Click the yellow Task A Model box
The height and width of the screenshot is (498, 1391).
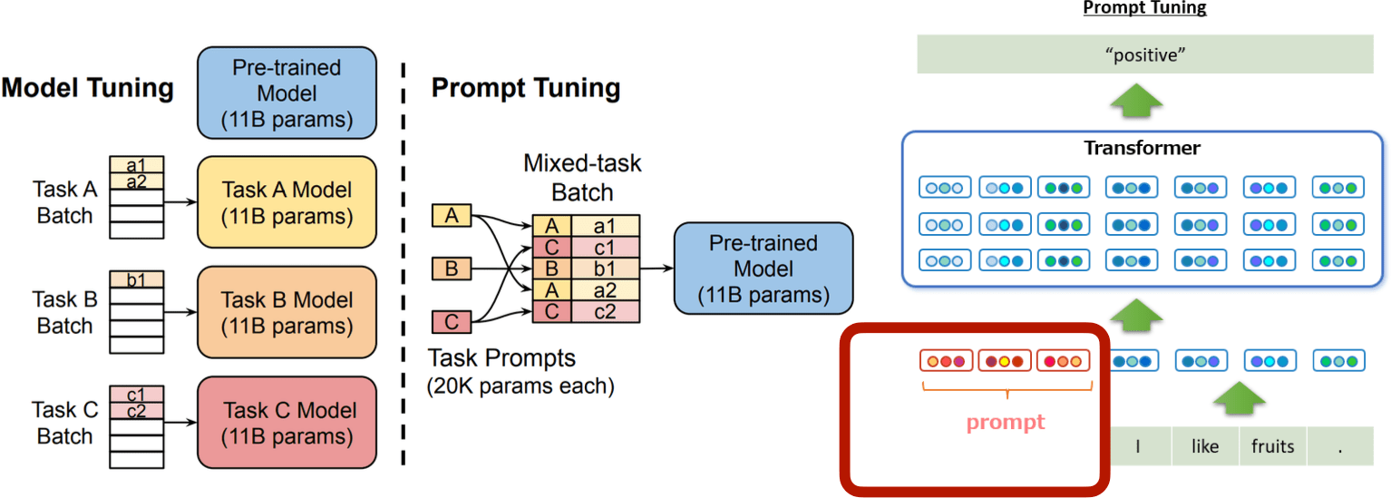(287, 202)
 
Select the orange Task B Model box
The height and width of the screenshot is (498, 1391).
(287, 312)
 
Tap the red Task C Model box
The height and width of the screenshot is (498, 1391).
(287, 422)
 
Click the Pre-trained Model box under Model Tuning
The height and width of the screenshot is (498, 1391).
(287, 93)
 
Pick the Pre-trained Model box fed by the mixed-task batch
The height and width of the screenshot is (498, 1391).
(764, 269)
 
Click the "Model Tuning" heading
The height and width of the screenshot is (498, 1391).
(88, 88)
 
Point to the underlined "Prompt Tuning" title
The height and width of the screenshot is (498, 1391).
(1144, 8)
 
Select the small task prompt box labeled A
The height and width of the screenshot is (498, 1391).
(452, 216)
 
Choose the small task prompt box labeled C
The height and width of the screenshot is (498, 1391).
(452, 322)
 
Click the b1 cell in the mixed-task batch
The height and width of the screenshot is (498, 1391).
(605, 269)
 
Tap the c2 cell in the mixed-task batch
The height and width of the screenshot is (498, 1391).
(605, 311)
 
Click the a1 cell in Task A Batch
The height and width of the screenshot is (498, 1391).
(137, 164)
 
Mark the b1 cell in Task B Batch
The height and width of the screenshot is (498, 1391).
(137, 279)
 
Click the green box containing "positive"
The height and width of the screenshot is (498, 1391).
(1145, 54)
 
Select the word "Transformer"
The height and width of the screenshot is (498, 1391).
(1142, 148)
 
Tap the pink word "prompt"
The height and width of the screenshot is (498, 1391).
(1006, 422)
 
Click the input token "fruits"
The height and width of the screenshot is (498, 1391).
(1272, 445)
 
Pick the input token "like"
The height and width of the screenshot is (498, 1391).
(1205, 445)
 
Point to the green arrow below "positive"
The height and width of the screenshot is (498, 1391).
(1136, 100)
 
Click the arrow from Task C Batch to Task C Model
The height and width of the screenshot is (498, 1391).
(180, 422)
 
